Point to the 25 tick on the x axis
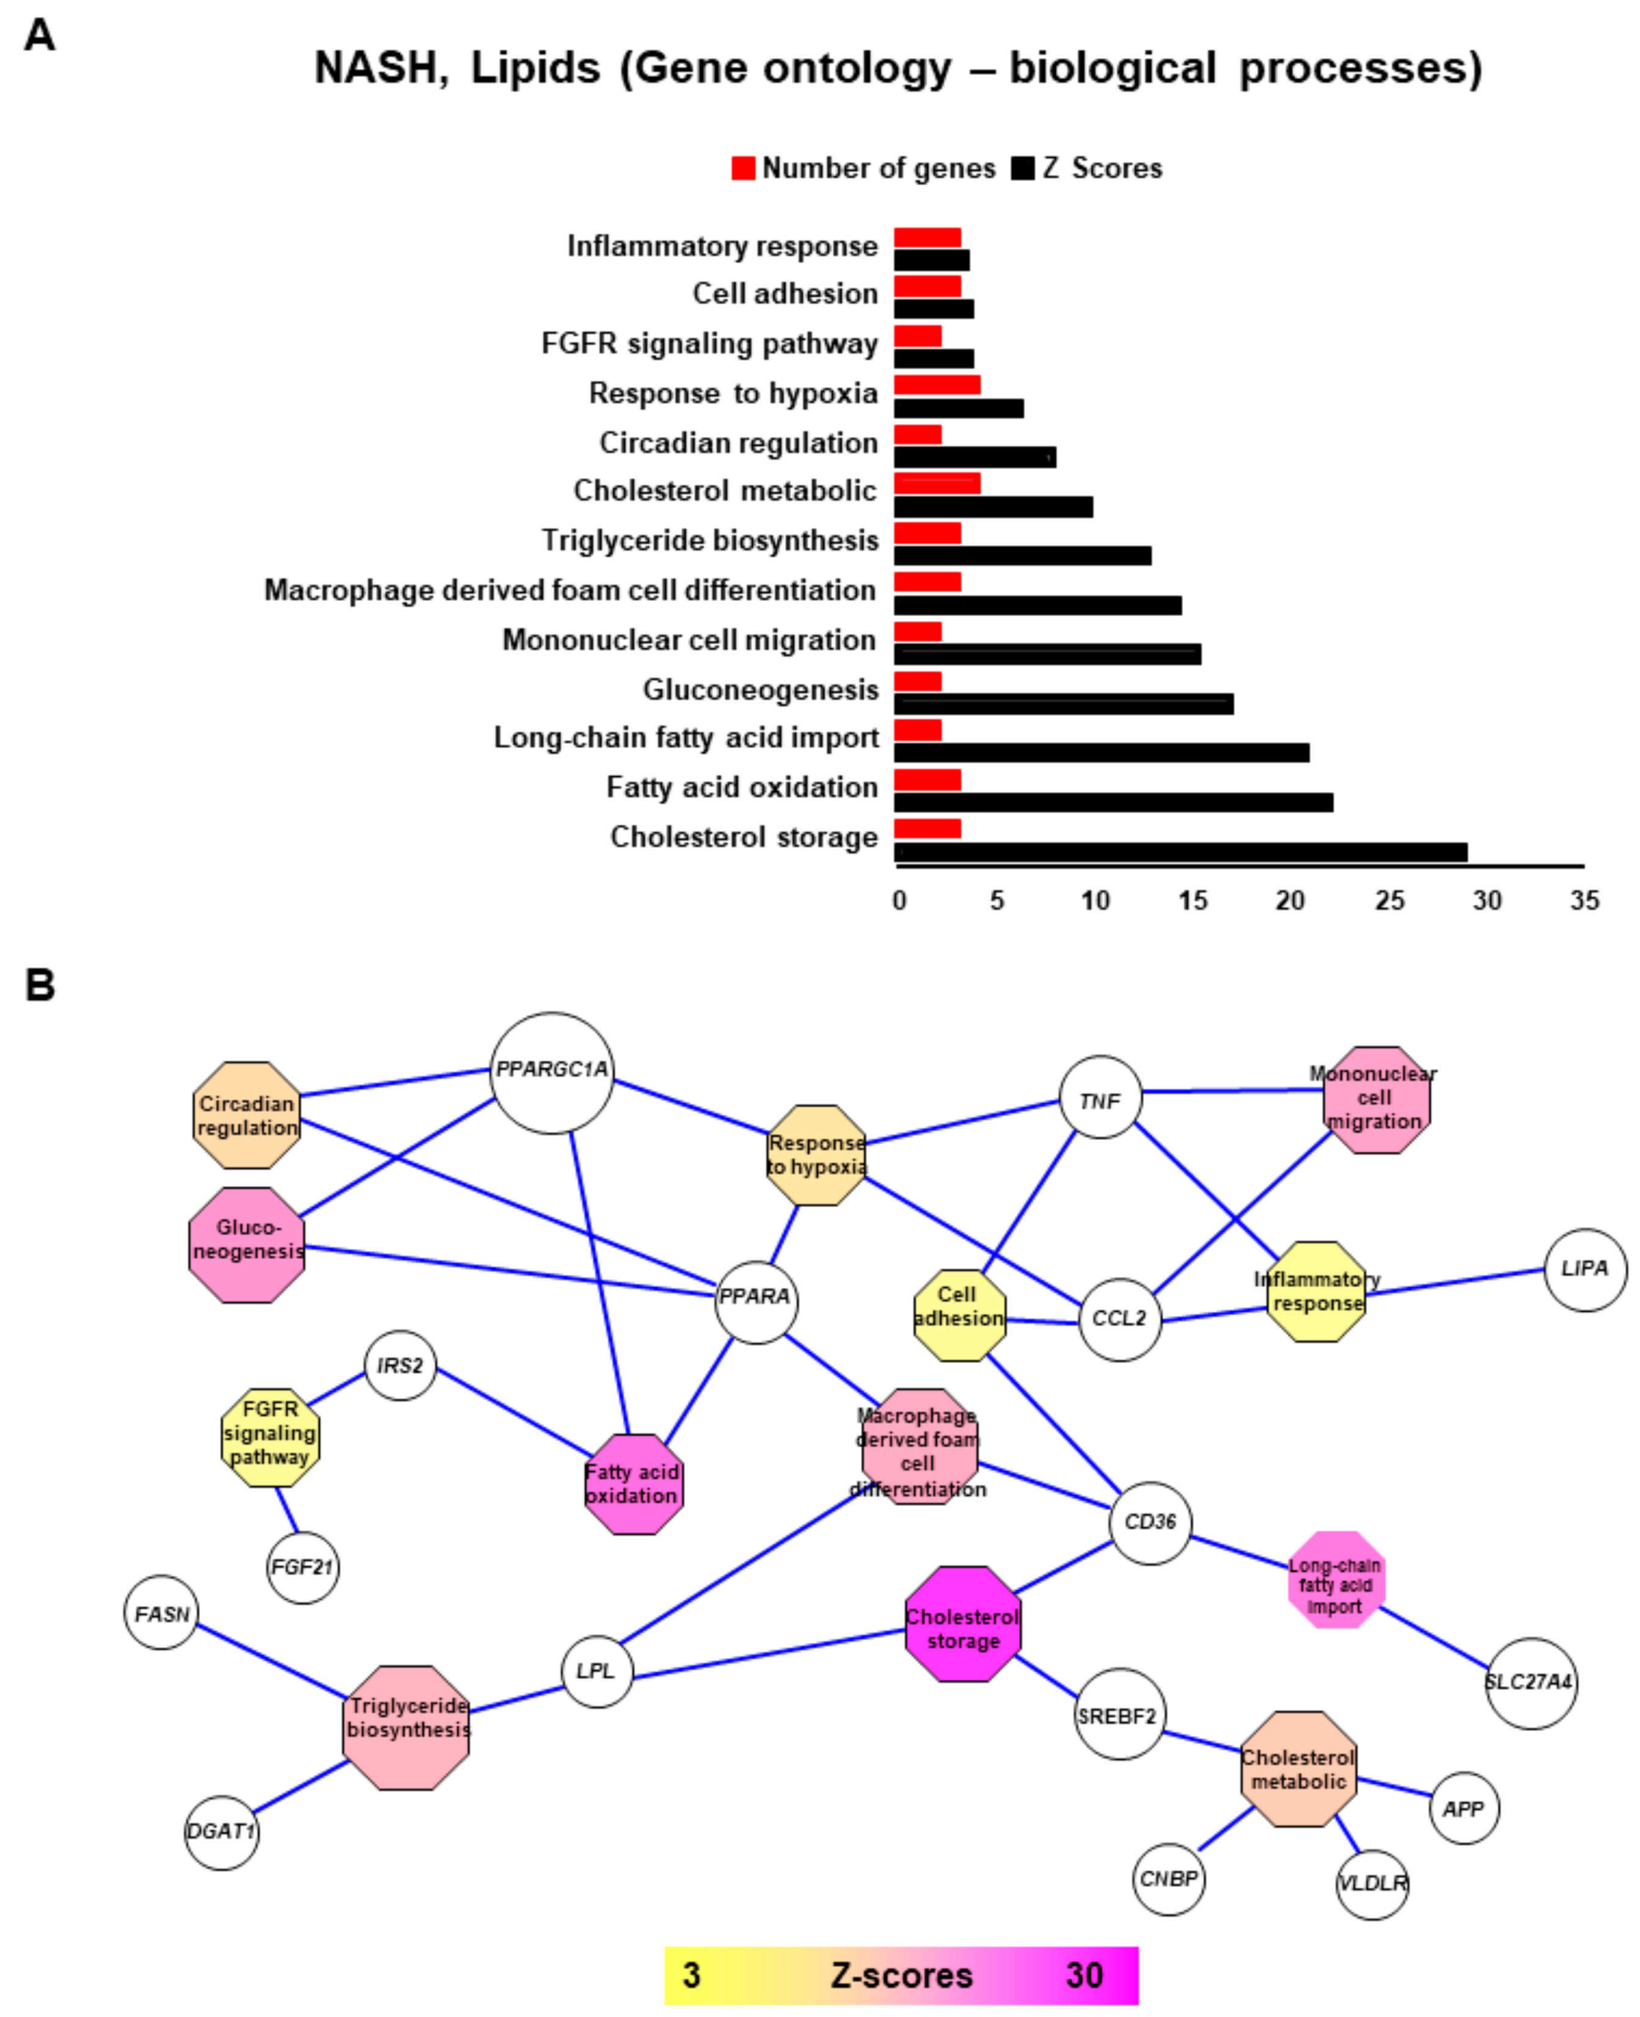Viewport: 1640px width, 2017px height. (x=1389, y=900)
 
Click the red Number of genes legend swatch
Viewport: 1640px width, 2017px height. (x=742, y=168)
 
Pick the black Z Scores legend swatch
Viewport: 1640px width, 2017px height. (x=1022, y=168)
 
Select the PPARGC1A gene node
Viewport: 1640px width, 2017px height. (x=552, y=1072)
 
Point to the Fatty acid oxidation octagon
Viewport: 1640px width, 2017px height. (x=633, y=1483)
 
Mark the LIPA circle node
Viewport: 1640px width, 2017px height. (x=1584, y=1269)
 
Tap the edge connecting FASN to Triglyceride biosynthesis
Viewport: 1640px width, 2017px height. (x=271, y=1660)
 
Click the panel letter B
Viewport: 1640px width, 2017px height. (x=40, y=985)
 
